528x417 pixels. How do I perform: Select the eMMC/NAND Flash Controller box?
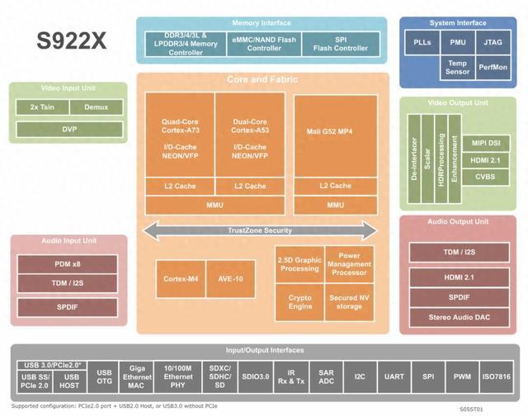(265, 43)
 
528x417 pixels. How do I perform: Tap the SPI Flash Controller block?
(340, 43)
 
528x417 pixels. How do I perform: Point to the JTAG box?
(493, 41)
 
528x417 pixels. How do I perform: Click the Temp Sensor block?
(458, 68)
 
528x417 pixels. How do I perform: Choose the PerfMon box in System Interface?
(493, 68)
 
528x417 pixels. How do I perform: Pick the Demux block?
(96, 107)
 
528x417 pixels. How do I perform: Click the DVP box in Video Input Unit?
(68, 129)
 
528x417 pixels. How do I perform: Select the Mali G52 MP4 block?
(335, 131)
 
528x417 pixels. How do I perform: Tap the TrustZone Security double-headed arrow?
(260, 230)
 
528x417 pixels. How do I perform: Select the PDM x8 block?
(68, 264)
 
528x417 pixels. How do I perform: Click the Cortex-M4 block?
(181, 279)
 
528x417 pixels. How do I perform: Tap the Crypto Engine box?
(300, 301)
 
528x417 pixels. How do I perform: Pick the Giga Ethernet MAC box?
(138, 376)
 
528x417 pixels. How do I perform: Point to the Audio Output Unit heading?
(458, 222)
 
